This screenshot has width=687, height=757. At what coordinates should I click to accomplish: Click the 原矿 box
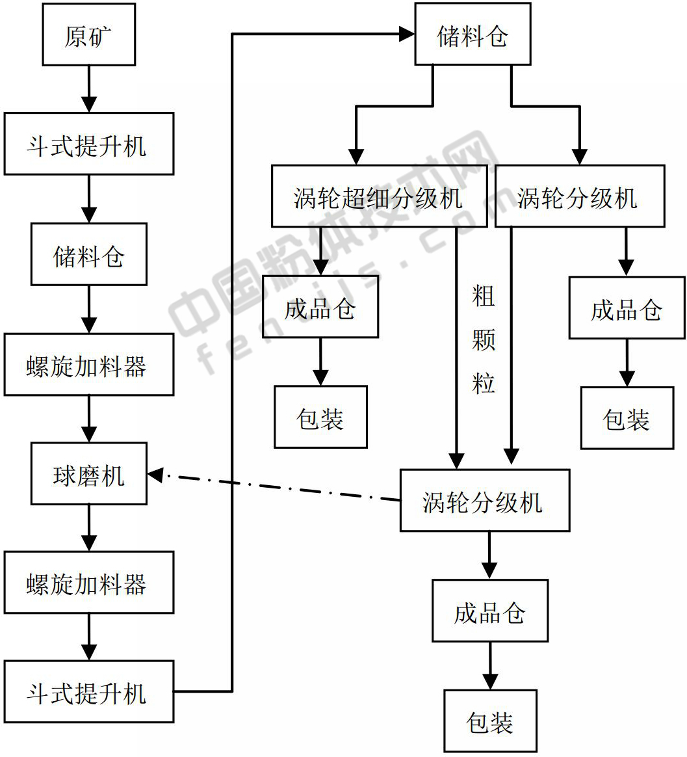click(x=88, y=34)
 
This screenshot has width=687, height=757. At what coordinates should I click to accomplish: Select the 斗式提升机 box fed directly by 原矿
click(x=88, y=144)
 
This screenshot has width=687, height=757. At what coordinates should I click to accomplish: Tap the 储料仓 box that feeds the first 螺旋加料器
click(x=88, y=254)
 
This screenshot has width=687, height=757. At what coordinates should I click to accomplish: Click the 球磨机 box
click(x=88, y=474)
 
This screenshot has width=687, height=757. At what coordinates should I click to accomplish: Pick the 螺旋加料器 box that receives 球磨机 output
click(x=88, y=583)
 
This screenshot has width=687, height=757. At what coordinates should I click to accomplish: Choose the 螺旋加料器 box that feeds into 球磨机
click(x=88, y=365)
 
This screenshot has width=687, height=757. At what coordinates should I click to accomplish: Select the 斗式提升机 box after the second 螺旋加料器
click(x=88, y=692)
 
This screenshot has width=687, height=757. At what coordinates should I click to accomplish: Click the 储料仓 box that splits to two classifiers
click(x=473, y=34)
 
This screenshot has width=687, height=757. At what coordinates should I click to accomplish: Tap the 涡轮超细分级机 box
click(x=379, y=196)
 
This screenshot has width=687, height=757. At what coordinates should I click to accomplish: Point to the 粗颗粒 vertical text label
click(x=484, y=339)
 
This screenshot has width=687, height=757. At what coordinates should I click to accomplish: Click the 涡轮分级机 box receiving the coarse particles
click(x=484, y=501)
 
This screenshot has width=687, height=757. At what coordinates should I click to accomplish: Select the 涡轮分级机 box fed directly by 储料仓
click(x=579, y=196)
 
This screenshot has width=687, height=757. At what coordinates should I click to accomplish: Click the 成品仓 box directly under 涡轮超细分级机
click(x=320, y=307)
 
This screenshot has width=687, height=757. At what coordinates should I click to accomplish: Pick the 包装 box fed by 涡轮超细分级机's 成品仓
click(x=320, y=417)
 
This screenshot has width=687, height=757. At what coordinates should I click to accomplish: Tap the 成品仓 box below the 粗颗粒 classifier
click(x=489, y=611)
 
